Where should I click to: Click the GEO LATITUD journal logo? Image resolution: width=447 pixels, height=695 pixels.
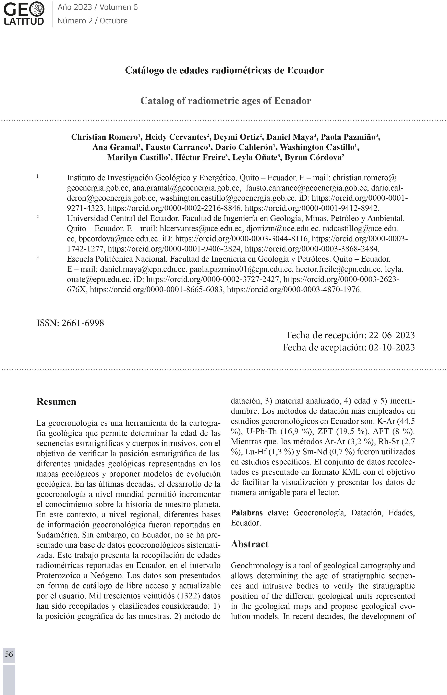point(24,14)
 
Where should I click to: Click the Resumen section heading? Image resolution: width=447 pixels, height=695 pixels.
point(56,402)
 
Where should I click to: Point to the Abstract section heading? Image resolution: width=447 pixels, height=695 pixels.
point(250,544)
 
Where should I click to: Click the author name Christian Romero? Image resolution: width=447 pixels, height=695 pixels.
point(105,137)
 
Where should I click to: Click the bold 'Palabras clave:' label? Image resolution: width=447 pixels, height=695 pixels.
point(259,513)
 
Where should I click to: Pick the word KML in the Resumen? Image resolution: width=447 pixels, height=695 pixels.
point(351,472)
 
